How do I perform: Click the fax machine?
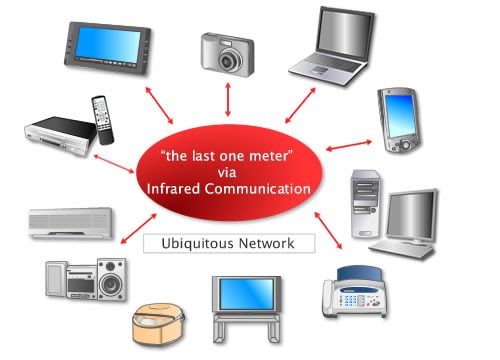pyautogui.click(x=355, y=294)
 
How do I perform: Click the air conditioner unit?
pyautogui.click(x=70, y=224)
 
